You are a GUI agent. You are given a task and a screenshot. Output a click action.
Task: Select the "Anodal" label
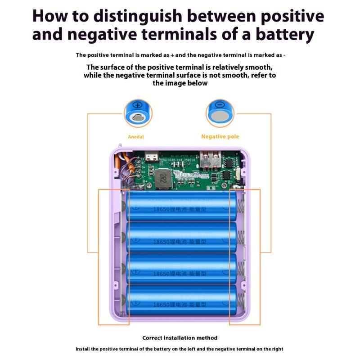coord(135,137)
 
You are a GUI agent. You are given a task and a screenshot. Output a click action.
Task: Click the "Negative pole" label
coord(220,136)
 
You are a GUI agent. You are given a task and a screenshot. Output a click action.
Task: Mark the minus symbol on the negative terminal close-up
coord(220,105)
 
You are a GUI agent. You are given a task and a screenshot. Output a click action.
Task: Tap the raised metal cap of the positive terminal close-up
coord(137,118)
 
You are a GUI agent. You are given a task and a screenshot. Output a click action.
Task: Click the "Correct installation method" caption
coord(180,338)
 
